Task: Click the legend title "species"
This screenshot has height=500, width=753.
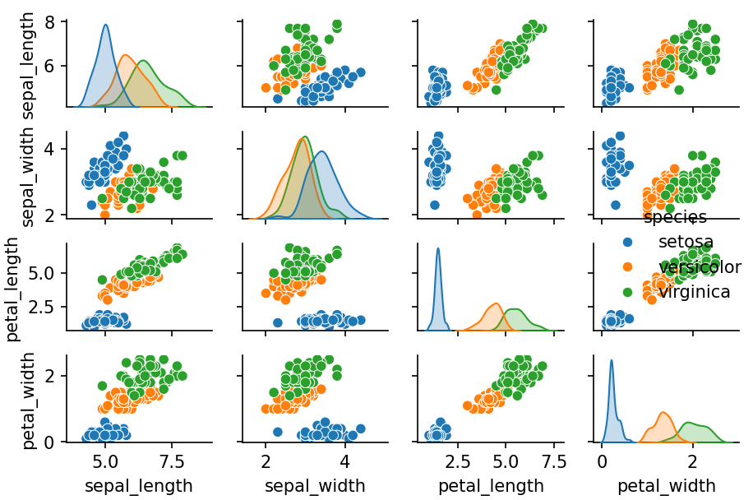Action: [x=674, y=217]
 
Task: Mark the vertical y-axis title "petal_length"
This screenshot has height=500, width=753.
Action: [x=13, y=289]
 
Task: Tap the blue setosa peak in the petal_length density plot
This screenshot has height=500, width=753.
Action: [x=438, y=248]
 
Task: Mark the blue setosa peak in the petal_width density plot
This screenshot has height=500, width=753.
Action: [x=612, y=360]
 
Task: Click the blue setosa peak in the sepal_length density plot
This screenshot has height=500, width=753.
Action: [x=105, y=25]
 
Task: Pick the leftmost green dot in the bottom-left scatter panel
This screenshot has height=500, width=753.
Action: [x=102, y=385]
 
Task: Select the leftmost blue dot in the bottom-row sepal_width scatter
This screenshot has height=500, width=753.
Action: [x=278, y=432]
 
